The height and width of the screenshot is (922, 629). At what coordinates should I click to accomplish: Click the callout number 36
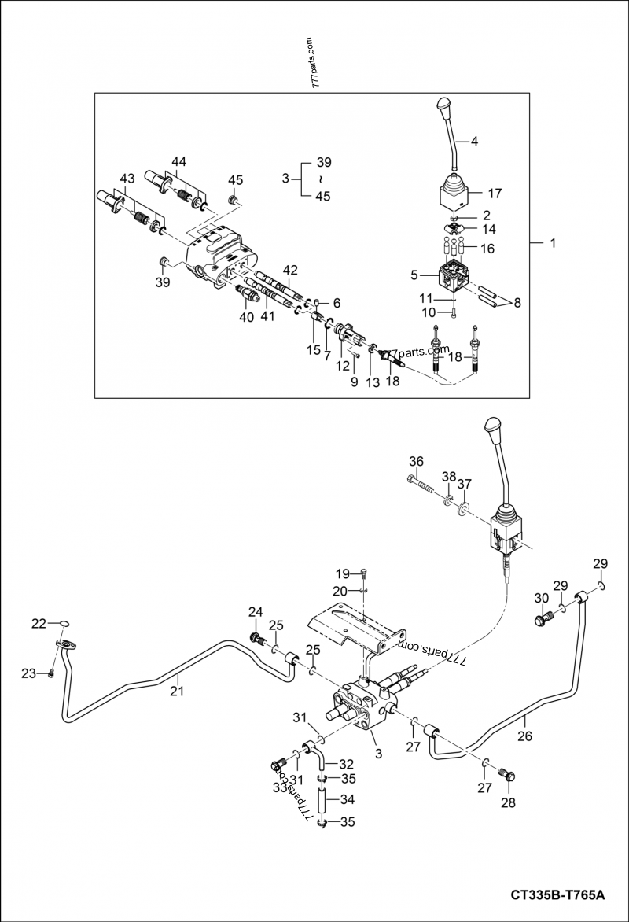click(x=416, y=461)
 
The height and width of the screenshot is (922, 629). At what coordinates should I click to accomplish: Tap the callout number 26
click(x=524, y=736)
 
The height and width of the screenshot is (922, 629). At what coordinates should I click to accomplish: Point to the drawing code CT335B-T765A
click(x=557, y=894)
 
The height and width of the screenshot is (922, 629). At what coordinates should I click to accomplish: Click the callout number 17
click(x=495, y=192)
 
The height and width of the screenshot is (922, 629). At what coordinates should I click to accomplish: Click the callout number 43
click(x=127, y=181)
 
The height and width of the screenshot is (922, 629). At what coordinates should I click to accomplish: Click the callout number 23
click(x=28, y=673)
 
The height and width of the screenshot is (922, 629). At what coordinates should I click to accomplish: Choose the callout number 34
click(x=347, y=798)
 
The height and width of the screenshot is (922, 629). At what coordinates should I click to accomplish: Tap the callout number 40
click(x=246, y=318)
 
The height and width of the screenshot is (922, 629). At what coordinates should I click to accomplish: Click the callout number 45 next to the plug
click(x=235, y=180)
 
